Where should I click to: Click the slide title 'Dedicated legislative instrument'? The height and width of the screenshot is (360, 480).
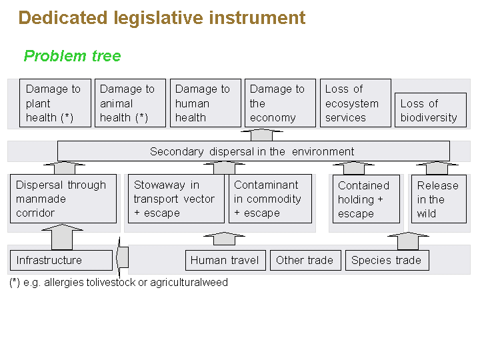pyautogui.click(x=162, y=18)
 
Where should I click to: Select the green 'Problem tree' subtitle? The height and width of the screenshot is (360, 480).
pyautogui.click(x=73, y=56)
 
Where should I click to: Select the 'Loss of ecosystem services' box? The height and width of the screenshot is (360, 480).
pyautogui.click(x=355, y=103)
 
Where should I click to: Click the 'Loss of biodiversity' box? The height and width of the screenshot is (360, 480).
pyautogui.click(x=430, y=110)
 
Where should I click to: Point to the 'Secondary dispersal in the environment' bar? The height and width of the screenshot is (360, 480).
pyautogui.click(x=253, y=151)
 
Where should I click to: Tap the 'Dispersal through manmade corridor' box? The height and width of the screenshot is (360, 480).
pyautogui.click(x=63, y=199)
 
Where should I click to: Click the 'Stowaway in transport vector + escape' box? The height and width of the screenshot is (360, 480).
pyautogui.click(x=176, y=199)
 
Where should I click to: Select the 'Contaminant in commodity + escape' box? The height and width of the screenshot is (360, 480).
pyautogui.click(x=270, y=199)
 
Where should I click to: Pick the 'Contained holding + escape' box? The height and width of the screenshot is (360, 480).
pyautogui.click(x=366, y=199)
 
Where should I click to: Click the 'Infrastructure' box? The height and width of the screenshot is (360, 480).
pyautogui.click(x=61, y=260)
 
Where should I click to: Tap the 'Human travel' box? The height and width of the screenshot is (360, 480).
pyautogui.click(x=225, y=260)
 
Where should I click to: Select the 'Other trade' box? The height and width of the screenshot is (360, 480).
pyautogui.click(x=305, y=260)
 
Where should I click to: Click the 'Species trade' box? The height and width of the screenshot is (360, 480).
pyautogui.click(x=387, y=260)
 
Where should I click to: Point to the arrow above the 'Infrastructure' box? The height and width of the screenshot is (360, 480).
pyautogui.click(x=62, y=237)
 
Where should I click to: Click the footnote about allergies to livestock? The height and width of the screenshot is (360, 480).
pyautogui.click(x=119, y=282)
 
